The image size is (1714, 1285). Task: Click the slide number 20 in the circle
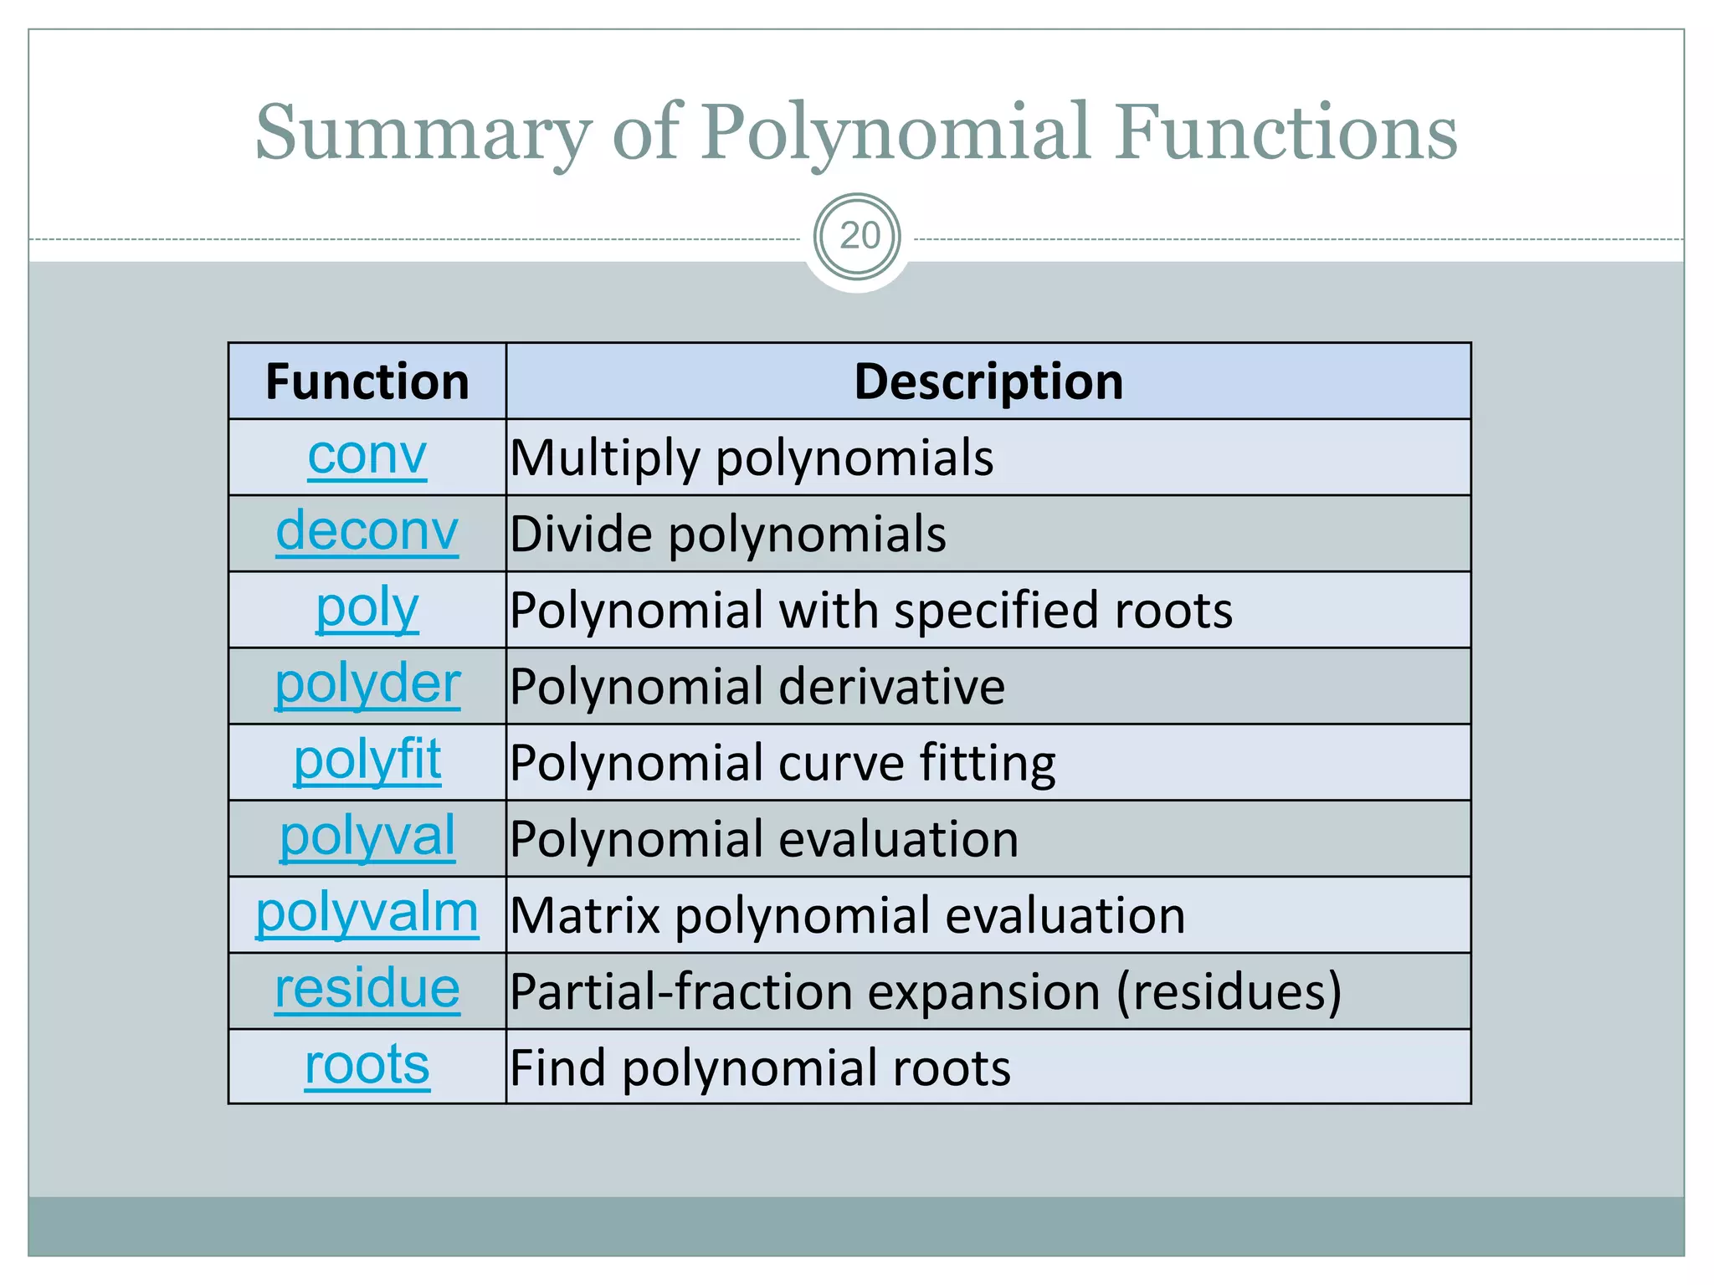point(859,237)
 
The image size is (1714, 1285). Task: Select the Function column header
point(367,382)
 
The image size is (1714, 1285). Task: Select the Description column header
point(988,382)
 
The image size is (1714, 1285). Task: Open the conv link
point(367,457)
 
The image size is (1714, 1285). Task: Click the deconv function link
point(367,532)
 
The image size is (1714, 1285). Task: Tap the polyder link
point(367,684)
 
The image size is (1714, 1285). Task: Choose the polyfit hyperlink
point(367,760)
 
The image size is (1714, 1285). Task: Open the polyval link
point(367,837)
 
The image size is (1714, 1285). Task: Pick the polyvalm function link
point(367,913)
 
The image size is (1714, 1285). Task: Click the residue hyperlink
point(367,990)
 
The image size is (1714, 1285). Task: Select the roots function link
point(367,1066)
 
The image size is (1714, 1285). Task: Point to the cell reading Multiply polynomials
point(752,458)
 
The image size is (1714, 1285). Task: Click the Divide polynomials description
point(728,535)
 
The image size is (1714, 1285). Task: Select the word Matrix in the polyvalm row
point(586,916)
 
